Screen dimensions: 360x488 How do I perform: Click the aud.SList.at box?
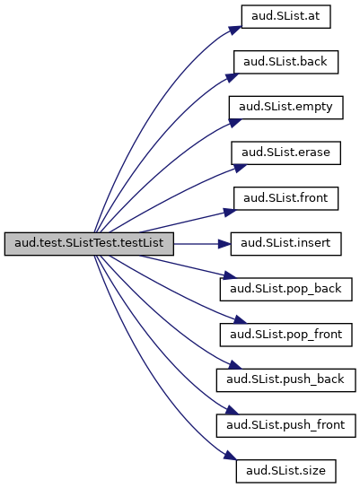[285, 16]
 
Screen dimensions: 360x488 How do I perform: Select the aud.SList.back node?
[285, 62]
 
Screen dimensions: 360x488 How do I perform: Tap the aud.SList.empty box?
[285, 108]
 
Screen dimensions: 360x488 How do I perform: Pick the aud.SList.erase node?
[285, 152]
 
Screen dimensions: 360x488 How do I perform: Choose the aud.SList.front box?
[285, 198]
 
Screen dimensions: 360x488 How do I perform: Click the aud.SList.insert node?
[285, 244]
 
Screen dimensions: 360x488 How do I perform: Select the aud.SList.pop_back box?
[285, 289]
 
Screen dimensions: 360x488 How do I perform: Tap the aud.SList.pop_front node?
[285, 335]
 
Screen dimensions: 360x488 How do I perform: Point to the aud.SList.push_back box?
[285, 380]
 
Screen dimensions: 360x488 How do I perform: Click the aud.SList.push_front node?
[285, 425]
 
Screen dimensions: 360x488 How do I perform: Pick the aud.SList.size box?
[285, 471]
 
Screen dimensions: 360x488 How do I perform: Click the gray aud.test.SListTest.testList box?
[89, 244]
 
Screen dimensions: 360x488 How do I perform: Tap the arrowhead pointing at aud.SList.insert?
[224, 244]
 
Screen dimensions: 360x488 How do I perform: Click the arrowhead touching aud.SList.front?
[230, 212]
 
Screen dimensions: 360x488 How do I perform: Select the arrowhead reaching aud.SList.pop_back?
[231, 275]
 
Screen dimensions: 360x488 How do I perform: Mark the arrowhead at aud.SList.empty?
[235, 122]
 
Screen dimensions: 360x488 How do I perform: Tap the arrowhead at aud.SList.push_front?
[232, 410]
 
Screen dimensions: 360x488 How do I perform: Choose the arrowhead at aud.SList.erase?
[240, 168]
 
